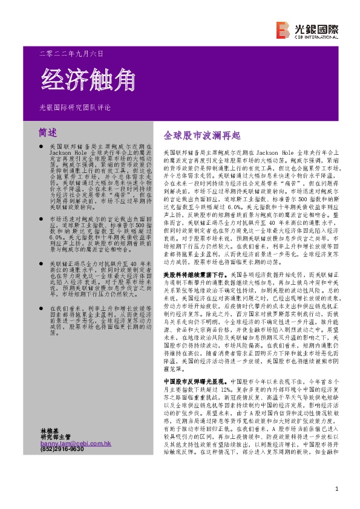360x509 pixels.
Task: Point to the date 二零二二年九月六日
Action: [x=75, y=53]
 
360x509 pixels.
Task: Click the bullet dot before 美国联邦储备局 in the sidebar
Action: [x=40, y=147]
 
